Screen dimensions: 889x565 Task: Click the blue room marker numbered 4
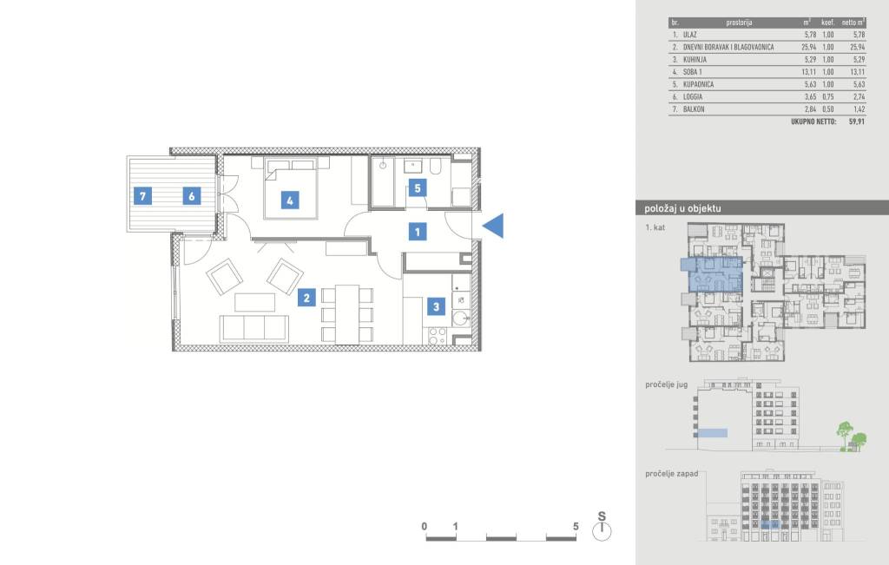[x=290, y=200]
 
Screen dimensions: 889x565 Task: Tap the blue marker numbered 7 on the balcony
[x=142, y=196]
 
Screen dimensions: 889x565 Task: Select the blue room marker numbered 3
[x=436, y=306]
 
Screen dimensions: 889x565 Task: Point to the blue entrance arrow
[x=493, y=226]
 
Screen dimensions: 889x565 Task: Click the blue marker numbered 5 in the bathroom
[x=418, y=187]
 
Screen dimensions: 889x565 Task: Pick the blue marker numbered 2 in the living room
[x=306, y=298]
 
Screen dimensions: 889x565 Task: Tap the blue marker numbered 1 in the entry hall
[x=418, y=231]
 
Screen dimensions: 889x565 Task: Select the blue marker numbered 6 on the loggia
[x=192, y=196]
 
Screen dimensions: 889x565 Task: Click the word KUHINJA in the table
[x=695, y=60]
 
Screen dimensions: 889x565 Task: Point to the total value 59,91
[x=857, y=122]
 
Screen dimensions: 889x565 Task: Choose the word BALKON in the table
[x=694, y=109]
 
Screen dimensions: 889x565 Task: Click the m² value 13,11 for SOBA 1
[x=809, y=72]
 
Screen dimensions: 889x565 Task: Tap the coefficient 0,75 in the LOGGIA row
[x=827, y=97]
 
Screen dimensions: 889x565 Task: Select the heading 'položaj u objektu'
[x=682, y=208]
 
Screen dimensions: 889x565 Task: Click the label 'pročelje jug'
[x=666, y=384]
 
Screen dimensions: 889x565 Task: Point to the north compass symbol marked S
[x=602, y=527]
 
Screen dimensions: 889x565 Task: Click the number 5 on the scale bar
[x=576, y=527]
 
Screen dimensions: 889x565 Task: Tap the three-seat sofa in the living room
[x=254, y=329]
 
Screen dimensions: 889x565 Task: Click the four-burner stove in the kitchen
[x=438, y=336]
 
